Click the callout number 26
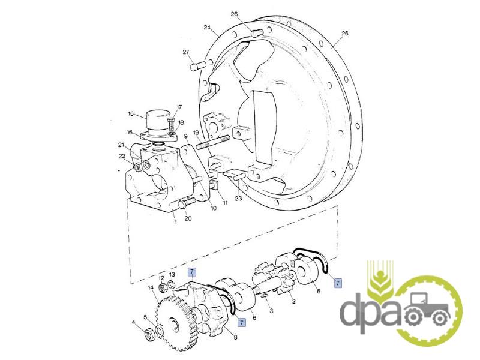[234, 14]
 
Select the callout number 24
[207, 28]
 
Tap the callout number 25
[345, 34]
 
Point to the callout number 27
[186, 52]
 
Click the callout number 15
[131, 114]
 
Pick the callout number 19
[196, 133]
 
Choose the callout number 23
[238, 199]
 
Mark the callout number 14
[151, 287]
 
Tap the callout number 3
[271, 310]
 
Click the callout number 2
[294, 302]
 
